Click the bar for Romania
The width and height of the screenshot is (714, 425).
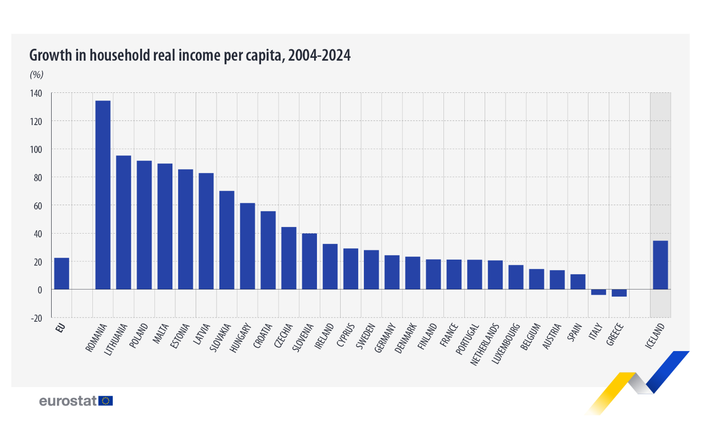(103, 195)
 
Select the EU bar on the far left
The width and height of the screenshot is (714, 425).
(62, 273)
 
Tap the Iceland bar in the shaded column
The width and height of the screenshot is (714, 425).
(660, 265)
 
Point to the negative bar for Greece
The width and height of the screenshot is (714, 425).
(619, 293)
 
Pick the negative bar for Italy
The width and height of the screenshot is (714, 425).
(598, 292)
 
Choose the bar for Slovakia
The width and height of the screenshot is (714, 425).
(227, 240)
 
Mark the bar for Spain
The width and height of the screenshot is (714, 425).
(578, 281)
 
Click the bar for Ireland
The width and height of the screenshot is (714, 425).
(330, 266)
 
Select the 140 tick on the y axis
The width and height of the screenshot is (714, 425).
(36, 93)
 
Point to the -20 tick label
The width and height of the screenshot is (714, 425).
(36, 318)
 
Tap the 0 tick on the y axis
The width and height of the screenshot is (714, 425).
(40, 290)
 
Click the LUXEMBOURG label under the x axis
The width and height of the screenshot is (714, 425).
(506, 344)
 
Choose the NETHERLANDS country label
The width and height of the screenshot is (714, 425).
(485, 344)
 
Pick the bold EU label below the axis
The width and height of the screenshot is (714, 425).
(60, 328)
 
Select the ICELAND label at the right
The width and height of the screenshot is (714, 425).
(655, 336)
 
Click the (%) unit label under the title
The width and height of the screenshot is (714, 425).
(36, 74)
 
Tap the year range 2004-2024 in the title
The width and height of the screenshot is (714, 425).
(319, 55)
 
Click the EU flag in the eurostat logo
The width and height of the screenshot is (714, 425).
(106, 401)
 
